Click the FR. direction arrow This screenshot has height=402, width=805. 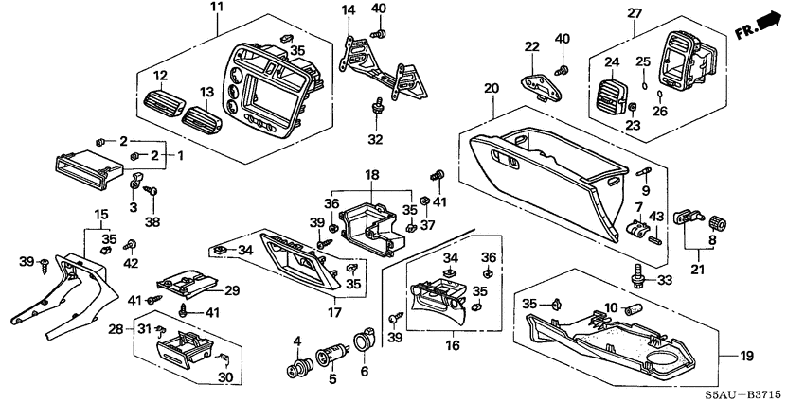tap(763, 25)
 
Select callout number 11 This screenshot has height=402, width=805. tap(217, 9)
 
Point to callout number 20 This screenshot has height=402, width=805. tap(491, 89)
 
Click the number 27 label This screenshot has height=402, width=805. tap(634, 12)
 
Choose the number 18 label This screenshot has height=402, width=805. tap(372, 176)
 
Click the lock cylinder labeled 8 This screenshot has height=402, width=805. tap(716, 223)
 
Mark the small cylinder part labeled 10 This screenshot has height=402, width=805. tap(634, 309)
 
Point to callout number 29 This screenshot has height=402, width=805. tap(231, 289)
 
